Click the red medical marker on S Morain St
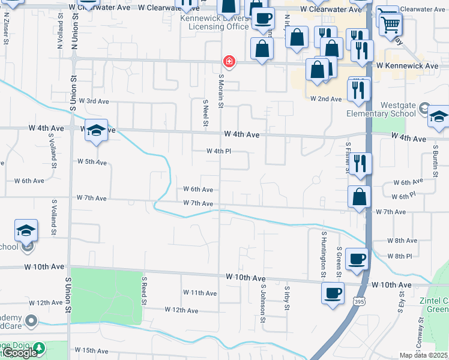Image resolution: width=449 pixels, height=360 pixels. (228, 61)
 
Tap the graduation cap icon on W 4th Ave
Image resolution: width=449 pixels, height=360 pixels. (96, 130)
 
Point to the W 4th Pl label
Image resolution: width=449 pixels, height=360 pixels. (218, 152)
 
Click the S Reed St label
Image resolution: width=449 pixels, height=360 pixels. (145, 291)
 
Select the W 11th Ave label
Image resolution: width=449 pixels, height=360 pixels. (200, 293)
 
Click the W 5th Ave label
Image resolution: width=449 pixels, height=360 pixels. (92, 162)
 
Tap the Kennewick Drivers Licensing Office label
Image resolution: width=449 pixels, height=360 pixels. (218, 23)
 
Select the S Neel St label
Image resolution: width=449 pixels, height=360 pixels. (205, 113)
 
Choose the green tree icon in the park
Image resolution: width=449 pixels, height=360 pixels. (39, 347)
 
